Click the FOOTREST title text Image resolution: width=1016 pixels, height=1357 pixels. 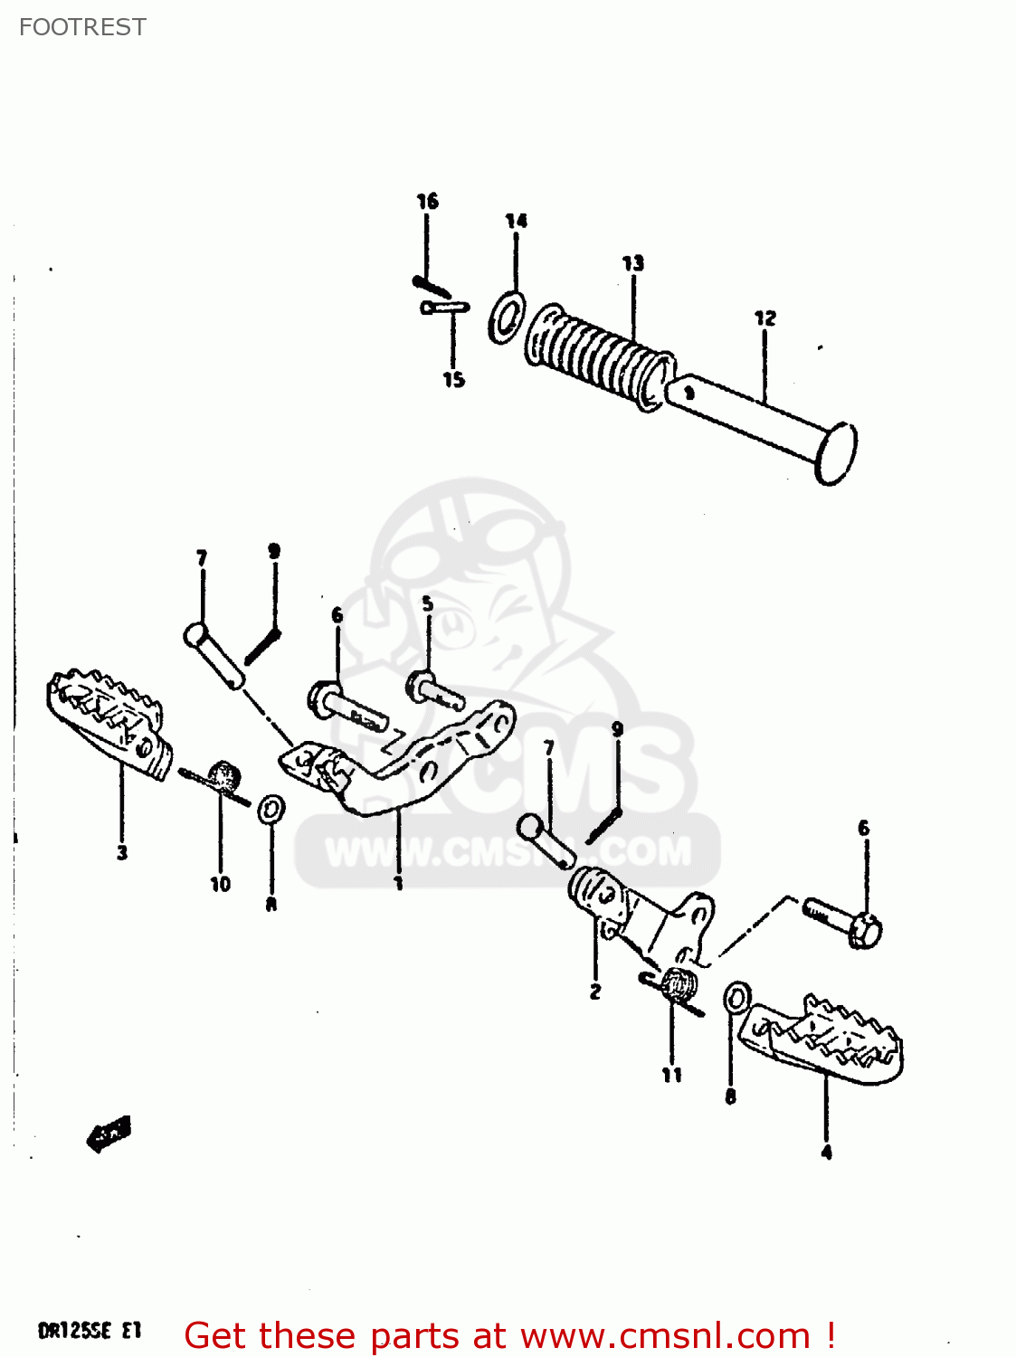[82, 27]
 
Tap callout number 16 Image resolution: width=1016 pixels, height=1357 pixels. [427, 201]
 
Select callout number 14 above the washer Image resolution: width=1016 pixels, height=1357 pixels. [516, 221]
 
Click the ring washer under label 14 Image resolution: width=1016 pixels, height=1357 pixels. [507, 318]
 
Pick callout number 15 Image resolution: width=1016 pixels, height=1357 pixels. [453, 380]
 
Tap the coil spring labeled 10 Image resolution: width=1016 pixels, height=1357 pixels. [223, 777]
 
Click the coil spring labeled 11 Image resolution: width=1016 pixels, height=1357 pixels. [678, 983]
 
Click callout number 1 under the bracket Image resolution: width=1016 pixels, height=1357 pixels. [398, 882]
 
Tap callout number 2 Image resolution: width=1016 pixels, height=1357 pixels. [594, 992]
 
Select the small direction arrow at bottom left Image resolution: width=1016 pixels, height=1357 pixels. [109, 1132]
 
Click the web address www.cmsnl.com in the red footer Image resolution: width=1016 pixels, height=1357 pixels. [665, 1335]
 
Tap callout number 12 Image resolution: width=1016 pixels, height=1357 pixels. [764, 318]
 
